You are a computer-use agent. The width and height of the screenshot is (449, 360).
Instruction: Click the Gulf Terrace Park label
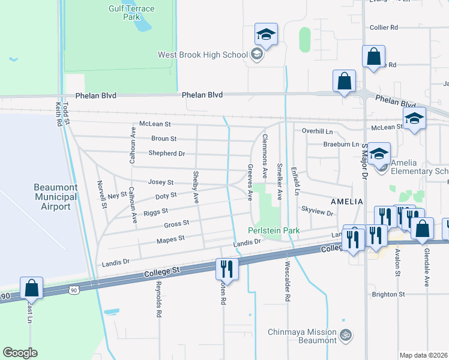(131, 13)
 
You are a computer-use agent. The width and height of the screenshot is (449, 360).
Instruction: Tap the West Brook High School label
(202, 55)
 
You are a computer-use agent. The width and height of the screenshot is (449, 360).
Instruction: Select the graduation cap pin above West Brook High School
(266, 35)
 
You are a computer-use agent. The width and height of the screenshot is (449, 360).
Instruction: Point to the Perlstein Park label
(274, 230)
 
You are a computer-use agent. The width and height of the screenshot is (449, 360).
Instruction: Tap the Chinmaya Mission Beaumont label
(301, 336)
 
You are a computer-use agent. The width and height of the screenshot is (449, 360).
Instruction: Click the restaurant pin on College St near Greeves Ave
(227, 269)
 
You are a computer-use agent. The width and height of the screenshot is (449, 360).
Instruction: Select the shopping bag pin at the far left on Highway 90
(31, 289)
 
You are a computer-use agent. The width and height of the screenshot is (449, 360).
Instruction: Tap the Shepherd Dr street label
(166, 154)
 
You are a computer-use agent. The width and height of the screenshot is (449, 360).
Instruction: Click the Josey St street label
(161, 182)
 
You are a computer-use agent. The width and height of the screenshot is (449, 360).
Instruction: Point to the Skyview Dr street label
(317, 212)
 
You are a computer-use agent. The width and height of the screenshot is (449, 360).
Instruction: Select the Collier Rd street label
(384, 28)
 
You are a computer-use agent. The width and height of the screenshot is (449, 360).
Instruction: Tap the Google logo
(20, 353)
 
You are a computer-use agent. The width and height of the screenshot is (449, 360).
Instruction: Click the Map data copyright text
(423, 355)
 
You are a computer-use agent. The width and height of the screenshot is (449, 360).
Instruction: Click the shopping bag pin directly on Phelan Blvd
(345, 82)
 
